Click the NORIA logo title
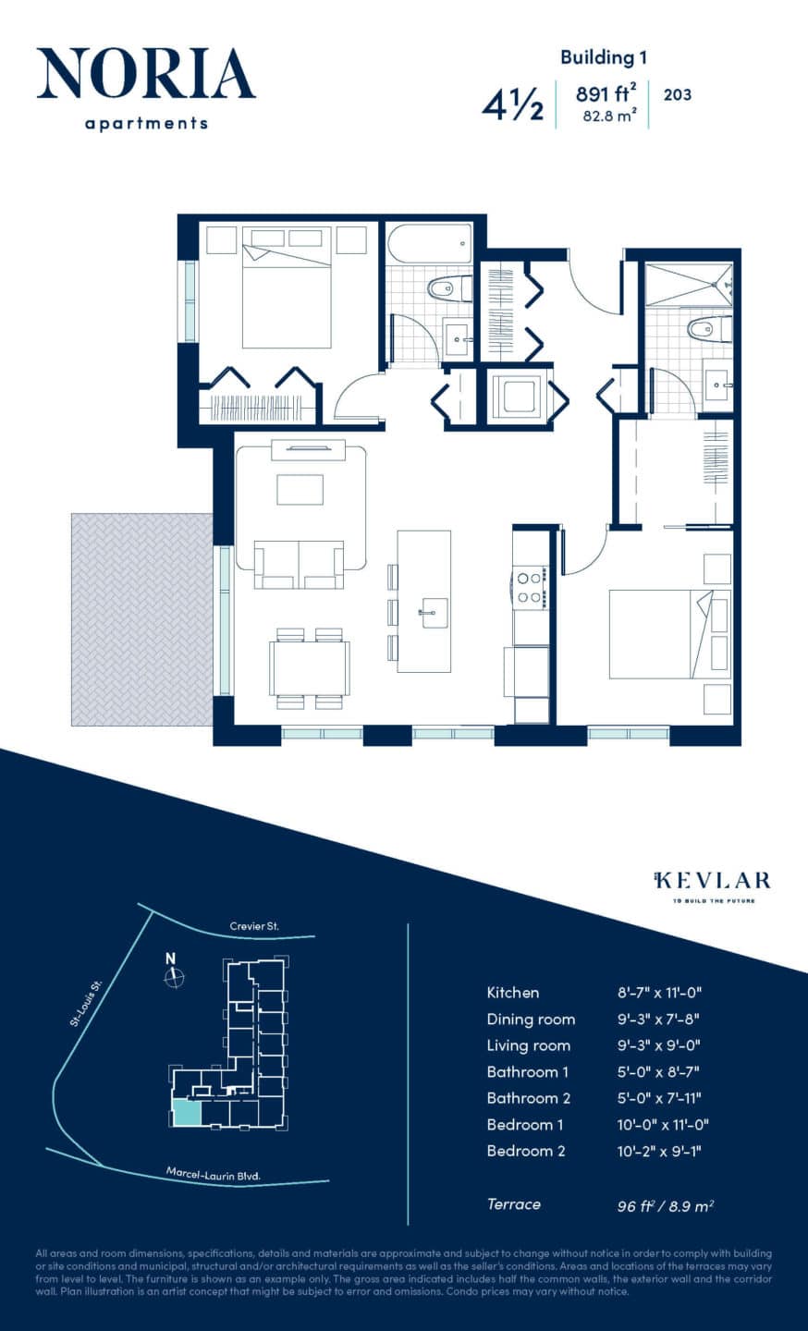(146, 75)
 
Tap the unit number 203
(678, 94)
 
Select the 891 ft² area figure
(606, 93)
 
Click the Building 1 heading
(603, 57)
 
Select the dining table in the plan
(309, 667)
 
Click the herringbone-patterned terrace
(142, 619)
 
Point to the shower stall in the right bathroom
(687, 284)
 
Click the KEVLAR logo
(711, 880)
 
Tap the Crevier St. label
(255, 926)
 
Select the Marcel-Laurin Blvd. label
(213, 1175)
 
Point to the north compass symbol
(173, 976)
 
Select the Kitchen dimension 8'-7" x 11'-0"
(660, 993)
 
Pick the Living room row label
(528, 1045)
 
